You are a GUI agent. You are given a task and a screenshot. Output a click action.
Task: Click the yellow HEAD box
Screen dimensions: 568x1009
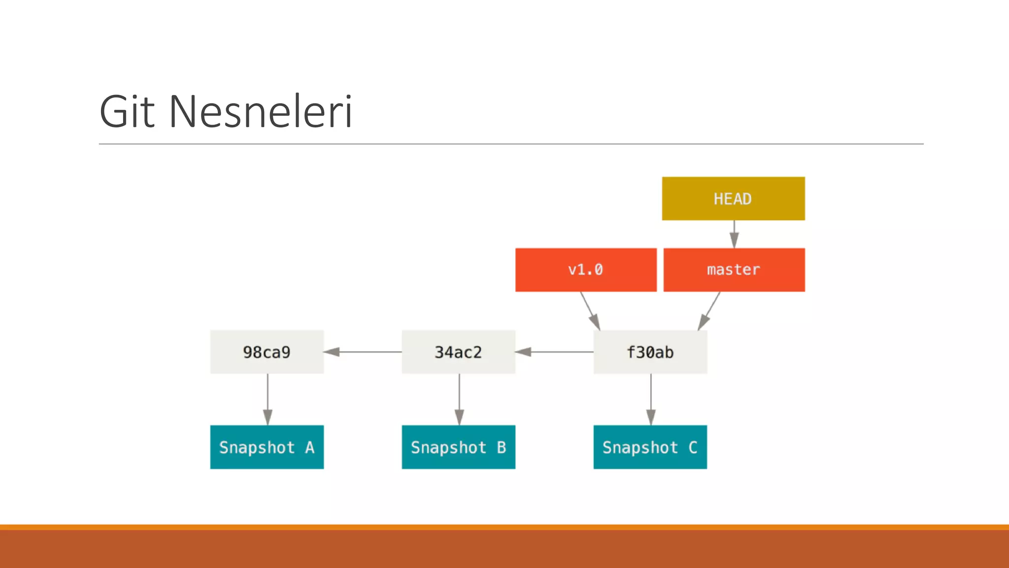click(x=733, y=198)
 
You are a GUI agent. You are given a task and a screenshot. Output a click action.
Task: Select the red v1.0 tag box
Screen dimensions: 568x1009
click(x=586, y=270)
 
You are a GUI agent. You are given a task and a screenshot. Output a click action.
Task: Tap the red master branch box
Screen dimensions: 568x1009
click(x=734, y=270)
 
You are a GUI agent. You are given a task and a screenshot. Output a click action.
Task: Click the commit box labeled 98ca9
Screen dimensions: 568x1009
click(x=267, y=352)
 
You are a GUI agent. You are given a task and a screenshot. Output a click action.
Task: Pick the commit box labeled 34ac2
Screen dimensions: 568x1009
click(x=458, y=352)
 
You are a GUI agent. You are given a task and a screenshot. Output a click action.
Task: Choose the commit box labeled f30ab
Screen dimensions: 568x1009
click(x=650, y=352)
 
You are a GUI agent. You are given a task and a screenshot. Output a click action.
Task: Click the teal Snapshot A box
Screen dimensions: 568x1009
click(x=267, y=447)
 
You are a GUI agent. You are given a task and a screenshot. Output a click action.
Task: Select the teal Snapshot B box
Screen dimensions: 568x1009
click(x=458, y=447)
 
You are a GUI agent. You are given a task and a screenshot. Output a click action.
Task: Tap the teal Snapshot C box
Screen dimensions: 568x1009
click(x=650, y=447)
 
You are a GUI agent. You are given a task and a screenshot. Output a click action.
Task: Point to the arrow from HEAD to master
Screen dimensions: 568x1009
click(x=734, y=234)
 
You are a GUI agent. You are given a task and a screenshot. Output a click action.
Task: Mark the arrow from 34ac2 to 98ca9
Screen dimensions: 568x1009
click(x=363, y=352)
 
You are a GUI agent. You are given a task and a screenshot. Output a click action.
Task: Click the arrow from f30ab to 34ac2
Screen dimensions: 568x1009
click(x=555, y=352)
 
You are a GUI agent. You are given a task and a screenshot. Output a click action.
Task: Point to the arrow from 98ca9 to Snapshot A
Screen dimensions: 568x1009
click(x=268, y=399)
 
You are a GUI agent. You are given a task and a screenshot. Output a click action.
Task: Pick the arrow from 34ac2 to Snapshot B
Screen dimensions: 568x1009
click(x=459, y=399)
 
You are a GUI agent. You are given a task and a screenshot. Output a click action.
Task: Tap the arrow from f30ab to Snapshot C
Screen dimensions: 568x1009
click(x=651, y=399)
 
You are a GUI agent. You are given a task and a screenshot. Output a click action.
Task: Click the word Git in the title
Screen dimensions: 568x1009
click(x=127, y=112)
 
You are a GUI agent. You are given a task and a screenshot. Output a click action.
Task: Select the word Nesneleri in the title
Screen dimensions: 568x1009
click(x=261, y=112)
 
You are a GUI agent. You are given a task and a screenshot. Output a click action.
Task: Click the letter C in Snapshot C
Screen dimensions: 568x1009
click(x=693, y=447)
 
